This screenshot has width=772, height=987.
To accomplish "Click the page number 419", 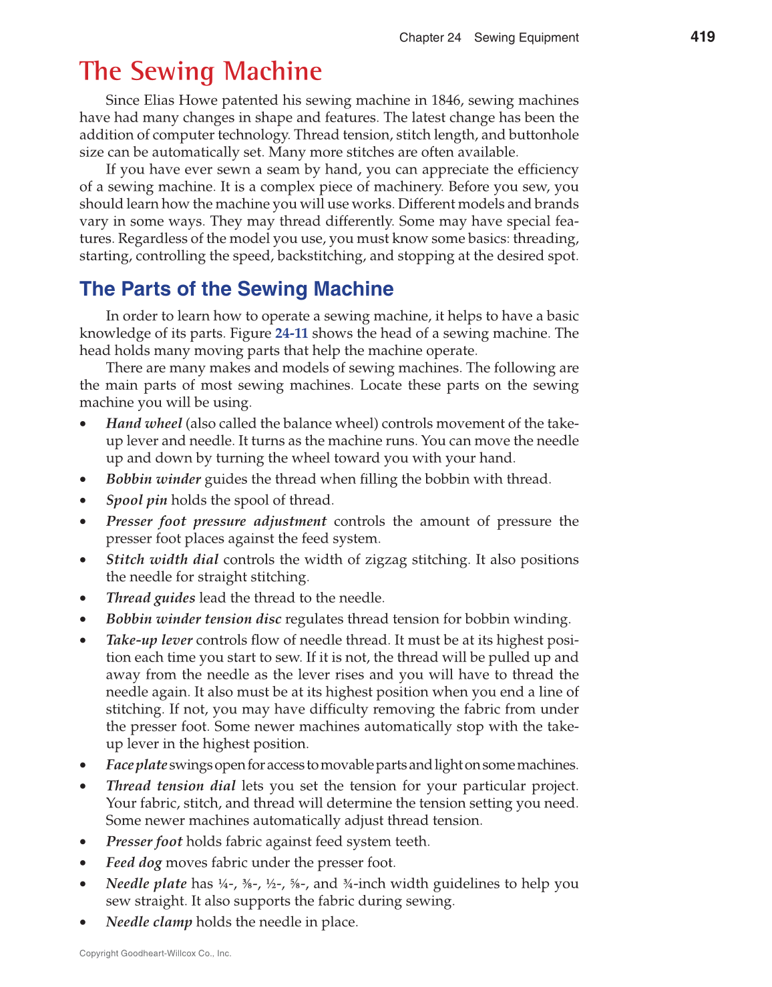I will click(x=703, y=37).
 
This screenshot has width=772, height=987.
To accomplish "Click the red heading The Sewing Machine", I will click(x=200, y=71).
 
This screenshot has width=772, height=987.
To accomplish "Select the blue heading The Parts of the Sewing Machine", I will click(x=236, y=289).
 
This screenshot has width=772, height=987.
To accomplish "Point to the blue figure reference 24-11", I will click(x=291, y=334).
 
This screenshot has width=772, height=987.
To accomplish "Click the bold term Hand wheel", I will click(x=144, y=424).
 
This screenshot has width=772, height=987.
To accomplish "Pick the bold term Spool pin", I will click(x=136, y=501).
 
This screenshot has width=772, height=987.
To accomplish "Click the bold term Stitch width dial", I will click(x=162, y=560).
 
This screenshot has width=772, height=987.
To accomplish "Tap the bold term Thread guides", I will click(x=150, y=599).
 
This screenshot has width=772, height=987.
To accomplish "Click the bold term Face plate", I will click(x=136, y=765).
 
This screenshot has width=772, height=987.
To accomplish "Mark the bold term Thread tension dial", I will click(x=170, y=786).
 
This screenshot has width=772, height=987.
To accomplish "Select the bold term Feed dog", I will click(x=134, y=863).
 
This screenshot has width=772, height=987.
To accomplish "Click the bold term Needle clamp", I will click(x=149, y=922).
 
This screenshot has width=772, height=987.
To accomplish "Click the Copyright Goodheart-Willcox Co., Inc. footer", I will click(x=155, y=954).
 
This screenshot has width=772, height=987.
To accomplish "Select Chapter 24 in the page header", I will click(x=430, y=37).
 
